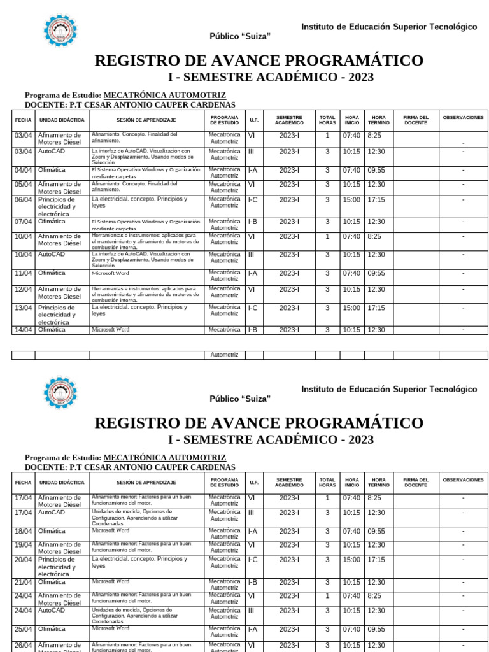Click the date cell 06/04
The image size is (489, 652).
click(x=23, y=199)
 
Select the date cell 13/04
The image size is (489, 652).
click(x=23, y=308)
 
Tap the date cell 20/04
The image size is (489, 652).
click(x=23, y=560)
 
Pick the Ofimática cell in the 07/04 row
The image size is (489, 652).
click(x=52, y=222)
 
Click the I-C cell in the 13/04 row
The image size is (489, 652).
click(x=253, y=308)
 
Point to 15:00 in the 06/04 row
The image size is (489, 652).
click(x=351, y=199)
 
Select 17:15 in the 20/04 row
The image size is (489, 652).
click(x=376, y=560)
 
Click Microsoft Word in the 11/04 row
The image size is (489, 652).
click(x=110, y=273)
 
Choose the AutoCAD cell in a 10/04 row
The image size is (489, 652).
click(x=52, y=254)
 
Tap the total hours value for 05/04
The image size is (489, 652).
click(x=327, y=184)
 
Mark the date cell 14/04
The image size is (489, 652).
click(x=23, y=330)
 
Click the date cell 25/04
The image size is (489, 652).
click(x=23, y=629)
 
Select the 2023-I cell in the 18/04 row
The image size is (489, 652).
click(x=289, y=531)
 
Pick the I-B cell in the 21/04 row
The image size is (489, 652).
click(x=253, y=582)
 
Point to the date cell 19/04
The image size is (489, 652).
click(x=23, y=544)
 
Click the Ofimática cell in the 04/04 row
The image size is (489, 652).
click(x=52, y=170)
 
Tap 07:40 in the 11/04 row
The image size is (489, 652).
click(x=351, y=273)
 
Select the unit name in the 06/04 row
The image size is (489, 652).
click(x=57, y=206)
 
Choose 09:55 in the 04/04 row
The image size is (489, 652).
click(x=376, y=170)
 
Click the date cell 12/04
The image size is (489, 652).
click(x=23, y=289)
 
